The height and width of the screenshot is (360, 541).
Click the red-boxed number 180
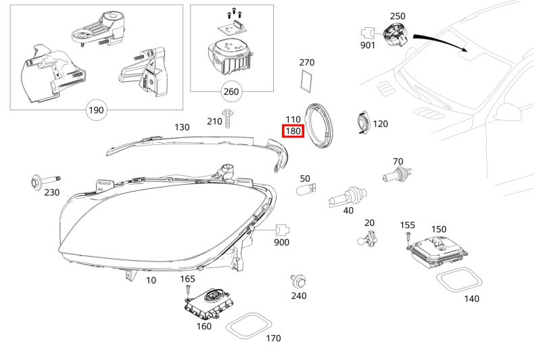(x=293, y=131)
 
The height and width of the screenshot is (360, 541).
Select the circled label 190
(x=97, y=109)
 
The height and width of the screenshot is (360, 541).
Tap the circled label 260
(x=231, y=91)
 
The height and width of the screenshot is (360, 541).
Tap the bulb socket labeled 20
(x=366, y=238)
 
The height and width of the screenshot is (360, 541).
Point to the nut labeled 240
(x=296, y=279)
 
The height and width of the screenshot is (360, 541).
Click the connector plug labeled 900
(x=282, y=230)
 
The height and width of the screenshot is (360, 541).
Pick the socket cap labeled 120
(x=362, y=123)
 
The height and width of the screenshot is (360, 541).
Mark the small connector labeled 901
(x=367, y=31)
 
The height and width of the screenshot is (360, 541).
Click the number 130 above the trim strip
(x=182, y=127)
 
